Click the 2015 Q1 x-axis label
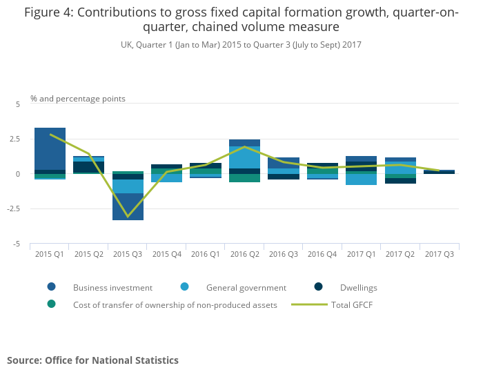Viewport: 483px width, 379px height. click(50, 254)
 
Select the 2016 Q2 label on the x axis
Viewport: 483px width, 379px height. click(244, 254)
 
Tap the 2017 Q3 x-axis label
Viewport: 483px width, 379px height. click(439, 254)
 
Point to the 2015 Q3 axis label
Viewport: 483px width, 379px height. click(128, 254)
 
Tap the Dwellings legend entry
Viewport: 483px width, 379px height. click(358, 287)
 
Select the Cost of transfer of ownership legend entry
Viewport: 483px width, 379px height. click(175, 304)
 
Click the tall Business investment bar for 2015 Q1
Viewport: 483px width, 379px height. click(50, 148)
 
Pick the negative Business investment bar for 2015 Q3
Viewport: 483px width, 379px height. click(128, 206)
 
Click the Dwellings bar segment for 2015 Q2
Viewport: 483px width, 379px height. click(89, 167)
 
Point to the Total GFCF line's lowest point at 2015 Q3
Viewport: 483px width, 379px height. click(128, 216)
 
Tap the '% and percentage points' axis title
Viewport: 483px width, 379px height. click(78, 99)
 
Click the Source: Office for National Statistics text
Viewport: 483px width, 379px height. click(92, 360)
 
